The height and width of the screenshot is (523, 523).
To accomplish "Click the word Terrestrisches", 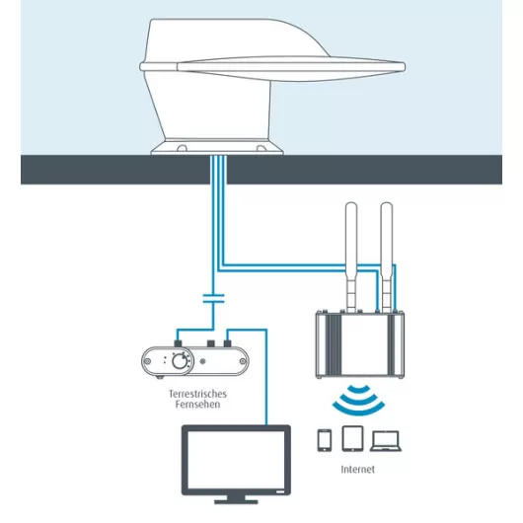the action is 197,394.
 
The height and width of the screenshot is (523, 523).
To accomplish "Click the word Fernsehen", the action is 197,405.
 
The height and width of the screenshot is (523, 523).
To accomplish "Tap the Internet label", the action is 358,470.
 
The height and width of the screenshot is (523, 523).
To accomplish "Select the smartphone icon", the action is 325,440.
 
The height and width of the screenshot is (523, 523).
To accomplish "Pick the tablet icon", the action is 352,438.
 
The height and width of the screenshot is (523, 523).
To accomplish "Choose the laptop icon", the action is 386,441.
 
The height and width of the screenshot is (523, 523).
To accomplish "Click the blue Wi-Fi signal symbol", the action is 358,401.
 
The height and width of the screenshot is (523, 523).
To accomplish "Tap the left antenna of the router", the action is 351,257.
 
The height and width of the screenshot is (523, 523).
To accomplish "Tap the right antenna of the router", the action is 386,257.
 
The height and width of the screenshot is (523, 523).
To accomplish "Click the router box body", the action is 360,345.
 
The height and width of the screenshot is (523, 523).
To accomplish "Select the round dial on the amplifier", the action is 180,361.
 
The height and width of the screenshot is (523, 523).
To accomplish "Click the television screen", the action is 236,460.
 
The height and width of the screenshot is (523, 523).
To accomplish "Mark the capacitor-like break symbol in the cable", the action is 213,299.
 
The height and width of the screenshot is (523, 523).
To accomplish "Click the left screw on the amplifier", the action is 147,361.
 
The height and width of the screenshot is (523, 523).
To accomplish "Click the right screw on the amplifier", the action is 243,361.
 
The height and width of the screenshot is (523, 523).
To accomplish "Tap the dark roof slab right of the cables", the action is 364,170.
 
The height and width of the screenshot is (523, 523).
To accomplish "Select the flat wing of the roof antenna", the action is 291,68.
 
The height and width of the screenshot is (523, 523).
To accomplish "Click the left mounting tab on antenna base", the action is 183,148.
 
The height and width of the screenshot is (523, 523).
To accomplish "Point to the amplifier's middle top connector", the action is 211,343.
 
